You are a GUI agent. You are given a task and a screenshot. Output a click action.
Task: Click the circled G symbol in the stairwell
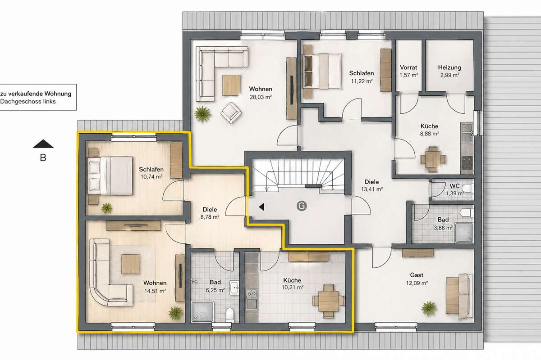click(302, 206)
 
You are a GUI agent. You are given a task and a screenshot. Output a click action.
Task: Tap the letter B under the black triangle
click(43, 157)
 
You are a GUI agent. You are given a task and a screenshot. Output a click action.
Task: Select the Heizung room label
click(449, 67)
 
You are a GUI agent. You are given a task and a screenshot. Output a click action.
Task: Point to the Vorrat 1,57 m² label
click(408, 71)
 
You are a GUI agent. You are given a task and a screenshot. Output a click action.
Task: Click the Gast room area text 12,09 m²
click(417, 283)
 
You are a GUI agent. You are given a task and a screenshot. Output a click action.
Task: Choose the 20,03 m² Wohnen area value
click(261, 97)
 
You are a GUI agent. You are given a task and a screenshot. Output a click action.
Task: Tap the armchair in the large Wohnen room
click(231, 113)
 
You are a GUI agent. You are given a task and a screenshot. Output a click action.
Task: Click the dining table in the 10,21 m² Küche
click(329, 301)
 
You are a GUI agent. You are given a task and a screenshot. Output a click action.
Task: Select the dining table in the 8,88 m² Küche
click(433, 159)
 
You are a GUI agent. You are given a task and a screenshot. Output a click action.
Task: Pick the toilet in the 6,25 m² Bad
click(229, 315)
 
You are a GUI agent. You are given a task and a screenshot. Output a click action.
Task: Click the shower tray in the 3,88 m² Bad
click(464, 233)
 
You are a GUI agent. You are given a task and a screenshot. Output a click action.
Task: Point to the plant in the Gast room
click(429, 308)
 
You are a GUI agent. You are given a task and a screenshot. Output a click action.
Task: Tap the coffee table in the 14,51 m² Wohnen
click(131, 264)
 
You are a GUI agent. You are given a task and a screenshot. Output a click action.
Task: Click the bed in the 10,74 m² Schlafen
click(110, 175)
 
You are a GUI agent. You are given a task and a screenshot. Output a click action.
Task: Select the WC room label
click(454, 186)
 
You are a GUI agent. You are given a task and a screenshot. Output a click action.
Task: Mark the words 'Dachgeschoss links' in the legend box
click(28, 102)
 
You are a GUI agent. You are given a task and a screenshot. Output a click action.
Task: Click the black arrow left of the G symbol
click(261, 207)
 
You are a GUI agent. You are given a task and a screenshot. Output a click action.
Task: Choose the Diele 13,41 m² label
click(371, 185)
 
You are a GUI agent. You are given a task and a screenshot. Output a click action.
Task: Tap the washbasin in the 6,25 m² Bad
click(234, 288)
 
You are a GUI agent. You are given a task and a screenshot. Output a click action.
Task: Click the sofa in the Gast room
click(459, 296)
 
